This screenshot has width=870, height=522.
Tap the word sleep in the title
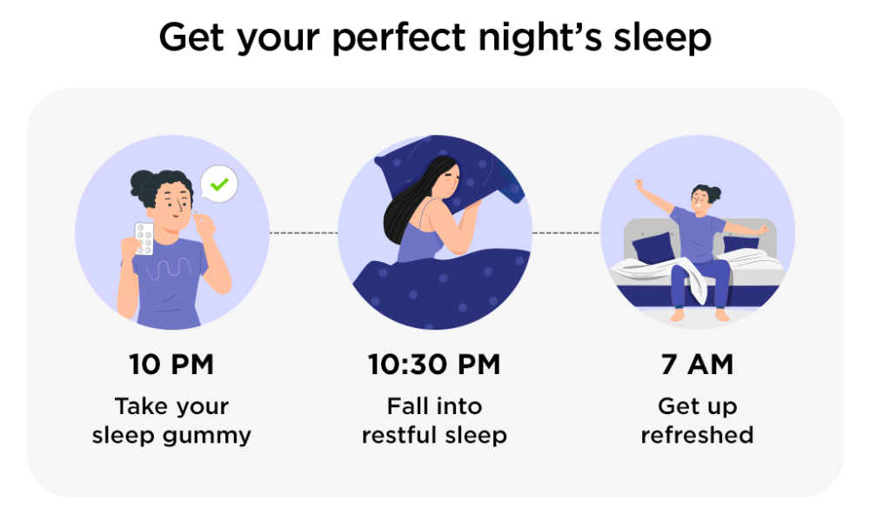coord(662,38)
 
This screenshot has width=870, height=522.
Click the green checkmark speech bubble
coord(219,184)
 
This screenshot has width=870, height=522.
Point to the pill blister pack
coord(144,238)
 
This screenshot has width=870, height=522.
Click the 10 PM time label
coord(171,365)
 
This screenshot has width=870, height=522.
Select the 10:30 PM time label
coord(434,365)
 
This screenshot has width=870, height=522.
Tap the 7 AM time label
coord(698,365)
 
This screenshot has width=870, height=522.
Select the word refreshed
coord(698,435)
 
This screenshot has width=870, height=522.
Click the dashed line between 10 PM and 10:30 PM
coord(304,233)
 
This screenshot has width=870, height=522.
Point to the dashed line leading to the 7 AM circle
coord(566,233)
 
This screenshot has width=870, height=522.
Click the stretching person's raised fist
coord(639,184)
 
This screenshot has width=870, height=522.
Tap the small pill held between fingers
coord(194,212)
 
